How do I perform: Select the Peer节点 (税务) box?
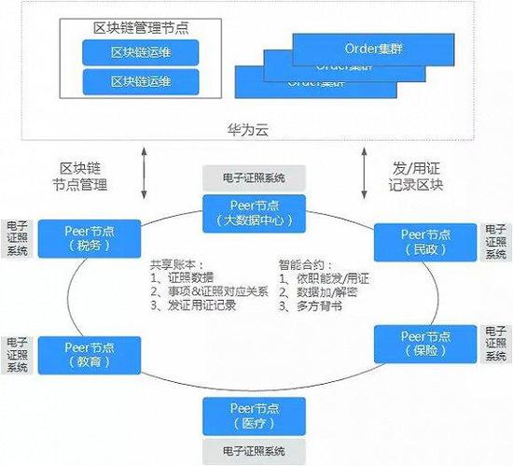coord(90,238)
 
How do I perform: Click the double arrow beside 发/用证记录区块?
coord(364,172)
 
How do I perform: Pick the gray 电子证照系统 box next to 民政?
coord(496,242)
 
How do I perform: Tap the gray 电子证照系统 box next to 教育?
coord(16,354)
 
